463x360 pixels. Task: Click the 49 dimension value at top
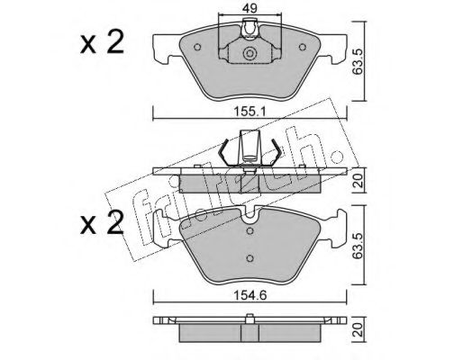tap(250, 8)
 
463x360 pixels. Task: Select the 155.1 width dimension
tap(250, 112)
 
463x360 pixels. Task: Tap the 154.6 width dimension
tap(250, 295)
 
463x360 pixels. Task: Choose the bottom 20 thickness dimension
tap(359, 329)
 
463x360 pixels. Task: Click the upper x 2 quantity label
tap(102, 42)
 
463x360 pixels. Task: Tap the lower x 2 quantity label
tap(102, 222)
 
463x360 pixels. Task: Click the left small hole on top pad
tap(197, 47)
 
